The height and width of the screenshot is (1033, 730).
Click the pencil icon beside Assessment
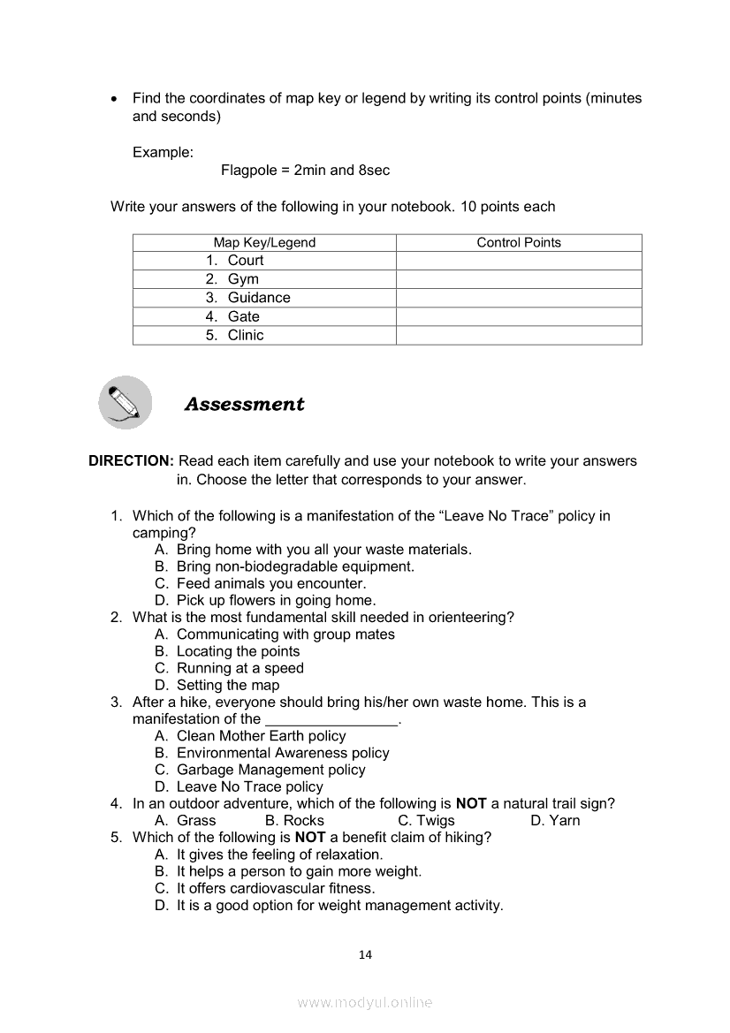(x=125, y=403)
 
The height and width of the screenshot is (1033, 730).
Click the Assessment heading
(x=244, y=404)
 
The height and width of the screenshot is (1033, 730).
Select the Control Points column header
(x=519, y=243)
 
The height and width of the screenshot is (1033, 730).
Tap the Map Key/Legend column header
(x=264, y=243)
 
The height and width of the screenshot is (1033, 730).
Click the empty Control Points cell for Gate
(x=519, y=316)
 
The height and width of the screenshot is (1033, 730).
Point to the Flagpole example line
(x=305, y=170)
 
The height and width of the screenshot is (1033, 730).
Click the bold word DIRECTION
(x=131, y=461)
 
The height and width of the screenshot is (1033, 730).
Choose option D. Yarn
(x=555, y=820)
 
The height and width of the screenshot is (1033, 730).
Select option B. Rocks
(x=294, y=820)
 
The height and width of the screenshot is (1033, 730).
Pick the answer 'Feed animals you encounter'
(x=270, y=583)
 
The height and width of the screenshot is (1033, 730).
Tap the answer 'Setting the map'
(x=227, y=685)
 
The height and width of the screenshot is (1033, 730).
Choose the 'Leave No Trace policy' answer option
(x=249, y=786)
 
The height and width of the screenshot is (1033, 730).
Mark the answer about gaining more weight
(x=299, y=871)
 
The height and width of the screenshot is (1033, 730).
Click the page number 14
(x=366, y=954)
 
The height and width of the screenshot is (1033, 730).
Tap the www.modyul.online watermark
(x=365, y=1003)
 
